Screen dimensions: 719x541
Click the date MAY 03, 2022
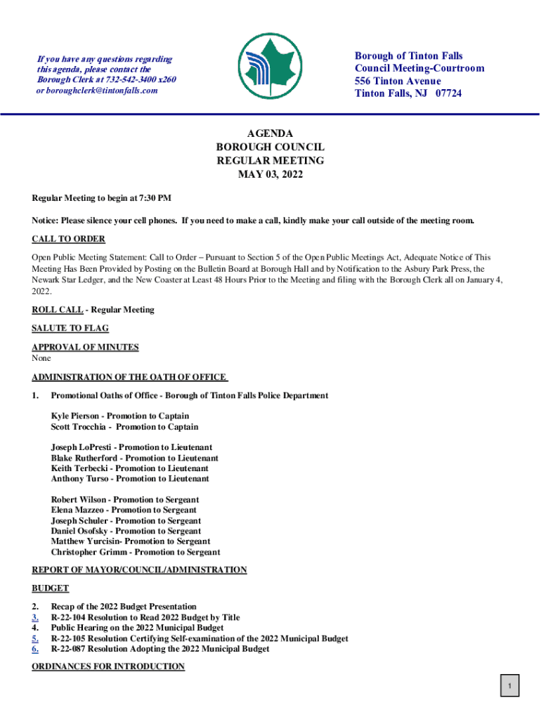[x=270, y=174]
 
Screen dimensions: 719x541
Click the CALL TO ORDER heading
[x=68, y=239]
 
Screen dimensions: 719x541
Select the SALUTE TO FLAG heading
[x=70, y=328]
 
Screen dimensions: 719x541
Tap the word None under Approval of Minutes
[x=41, y=358]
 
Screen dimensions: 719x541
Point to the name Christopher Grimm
[x=86, y=552]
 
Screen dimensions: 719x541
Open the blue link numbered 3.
[x=35, y=617]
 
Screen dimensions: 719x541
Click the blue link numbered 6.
[x=35, y=649]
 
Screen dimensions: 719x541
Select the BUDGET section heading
[x=51, y=588]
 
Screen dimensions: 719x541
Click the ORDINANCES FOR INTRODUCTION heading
[x=108, y=666]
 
